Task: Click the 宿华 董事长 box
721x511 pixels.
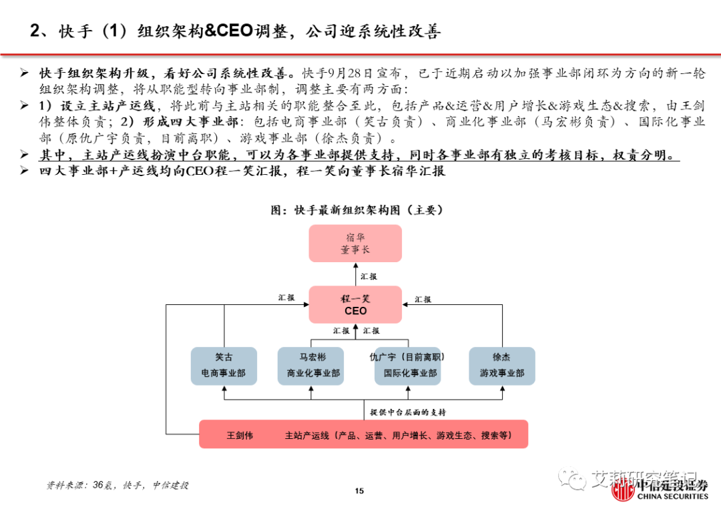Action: pos(355,243)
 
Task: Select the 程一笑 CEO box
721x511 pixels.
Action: pos(355,305)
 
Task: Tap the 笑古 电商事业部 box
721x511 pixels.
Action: pos(223,366)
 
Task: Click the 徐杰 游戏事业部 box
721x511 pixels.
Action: pos(501,366)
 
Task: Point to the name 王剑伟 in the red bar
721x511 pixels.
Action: pos(240,436)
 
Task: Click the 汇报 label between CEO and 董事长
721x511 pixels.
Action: pos(369,276)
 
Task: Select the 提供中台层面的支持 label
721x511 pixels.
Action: pos(408,412)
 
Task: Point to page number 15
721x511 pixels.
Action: pos(359,492)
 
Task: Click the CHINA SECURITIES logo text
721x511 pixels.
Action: pos(672,496)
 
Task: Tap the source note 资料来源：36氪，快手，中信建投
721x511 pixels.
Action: pos(117,485)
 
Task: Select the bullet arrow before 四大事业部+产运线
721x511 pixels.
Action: pos(25,171)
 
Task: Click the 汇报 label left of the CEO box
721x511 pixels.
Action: pos(286,298)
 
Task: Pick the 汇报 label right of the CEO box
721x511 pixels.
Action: pos(423,300)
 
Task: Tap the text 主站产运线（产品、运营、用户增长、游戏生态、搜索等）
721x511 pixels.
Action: pos(399,436)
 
